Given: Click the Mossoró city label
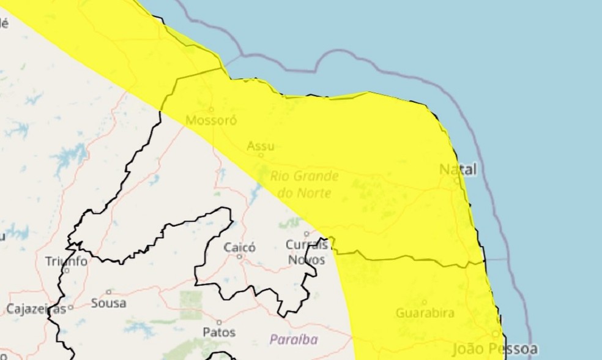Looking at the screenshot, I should pyautogui.click(x=211, y=119).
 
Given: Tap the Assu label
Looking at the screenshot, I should pyautogui.click(x=261, y=146).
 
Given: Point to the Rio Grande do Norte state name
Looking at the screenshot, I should pyautogui.click(x=305, y=184).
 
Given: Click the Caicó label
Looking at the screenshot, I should pyautogui.click(x=240, y=247).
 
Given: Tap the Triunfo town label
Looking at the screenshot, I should pyautogui.click(x=66, y=261).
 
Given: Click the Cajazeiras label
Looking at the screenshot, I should pyautogui.click(x=35, y=309).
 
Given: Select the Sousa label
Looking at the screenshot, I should pyautogui.click(x=108, y=303).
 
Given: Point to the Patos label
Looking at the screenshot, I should pyautogui.click(x=218, y=332).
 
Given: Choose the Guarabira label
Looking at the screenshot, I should pyautogui.click(x=425, y=313).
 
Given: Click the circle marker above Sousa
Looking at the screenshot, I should pyautogui.click(x=109, y=291).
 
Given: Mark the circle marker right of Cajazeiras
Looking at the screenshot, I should pyautogui.click(x=71, y=307).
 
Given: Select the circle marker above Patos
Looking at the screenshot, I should pyautogui.click(x=218, y=321).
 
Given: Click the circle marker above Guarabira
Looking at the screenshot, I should pyautogui.click(x=425, y=302).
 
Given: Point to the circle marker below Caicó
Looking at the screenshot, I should pyautogui.click(x=240, y=257).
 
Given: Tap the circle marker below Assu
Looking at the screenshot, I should pyautogui.click(x=261, y=155).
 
